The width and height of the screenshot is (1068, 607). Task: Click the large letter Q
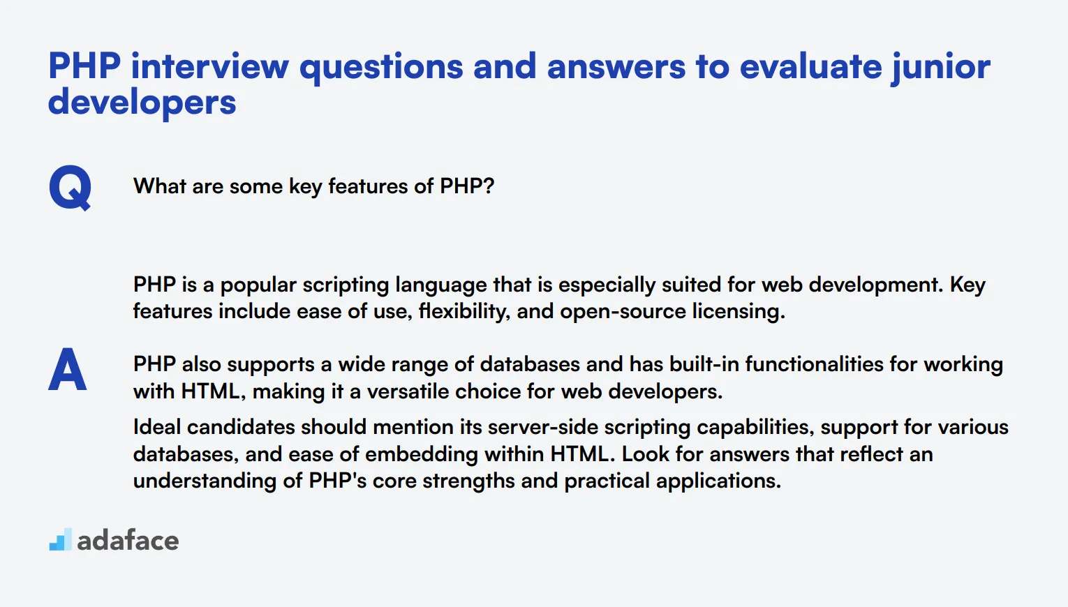70,187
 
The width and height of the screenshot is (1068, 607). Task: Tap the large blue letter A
68,369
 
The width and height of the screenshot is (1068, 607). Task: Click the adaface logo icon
60,540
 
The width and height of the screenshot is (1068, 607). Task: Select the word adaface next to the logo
128,541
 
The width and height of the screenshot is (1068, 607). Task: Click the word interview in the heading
209,67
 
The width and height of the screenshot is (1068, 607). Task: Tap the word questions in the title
380,67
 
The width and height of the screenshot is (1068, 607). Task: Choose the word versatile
408,391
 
